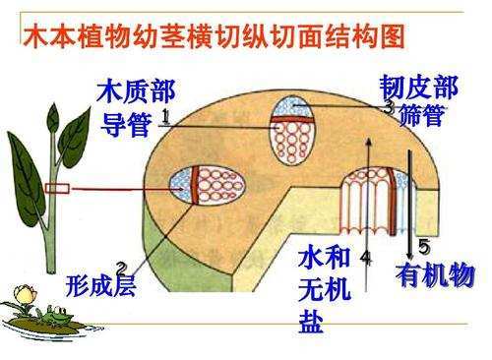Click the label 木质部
137,94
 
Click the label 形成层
99,287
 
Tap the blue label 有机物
435,274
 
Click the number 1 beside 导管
164,116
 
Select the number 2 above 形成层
120,268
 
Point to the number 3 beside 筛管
388,106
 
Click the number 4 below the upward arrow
365,256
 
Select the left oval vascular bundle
200,187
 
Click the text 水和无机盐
324,289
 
